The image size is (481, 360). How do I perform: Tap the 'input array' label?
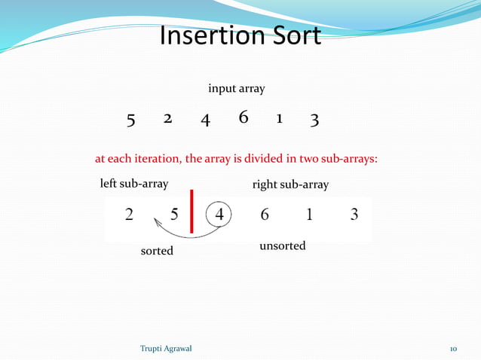[x=236, y=89]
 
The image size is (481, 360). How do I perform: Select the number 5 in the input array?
[x=130, y=120]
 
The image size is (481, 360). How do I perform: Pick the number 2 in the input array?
[x=167, y=119]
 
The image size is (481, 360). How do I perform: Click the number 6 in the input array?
[x=243, y=118]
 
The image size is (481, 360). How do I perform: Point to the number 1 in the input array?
[x=279, y=119]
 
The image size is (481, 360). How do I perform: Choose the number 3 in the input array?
[x=314, y=120]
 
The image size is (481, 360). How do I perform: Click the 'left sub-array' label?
[x=134, y=183]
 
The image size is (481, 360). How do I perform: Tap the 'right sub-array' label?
[x=290, y=185]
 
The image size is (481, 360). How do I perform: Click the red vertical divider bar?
[x=192, y=211]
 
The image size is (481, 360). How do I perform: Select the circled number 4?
[x=219, y=214]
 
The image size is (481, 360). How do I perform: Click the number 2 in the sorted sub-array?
[x=130, y=215]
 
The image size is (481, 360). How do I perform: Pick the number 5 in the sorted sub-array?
[x=174, y=215]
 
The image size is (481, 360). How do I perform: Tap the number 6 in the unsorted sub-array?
[x=265, y=215]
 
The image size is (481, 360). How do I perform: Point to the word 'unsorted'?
[x=282, y=246]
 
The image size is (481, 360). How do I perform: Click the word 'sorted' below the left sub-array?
[x=157, y=251]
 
